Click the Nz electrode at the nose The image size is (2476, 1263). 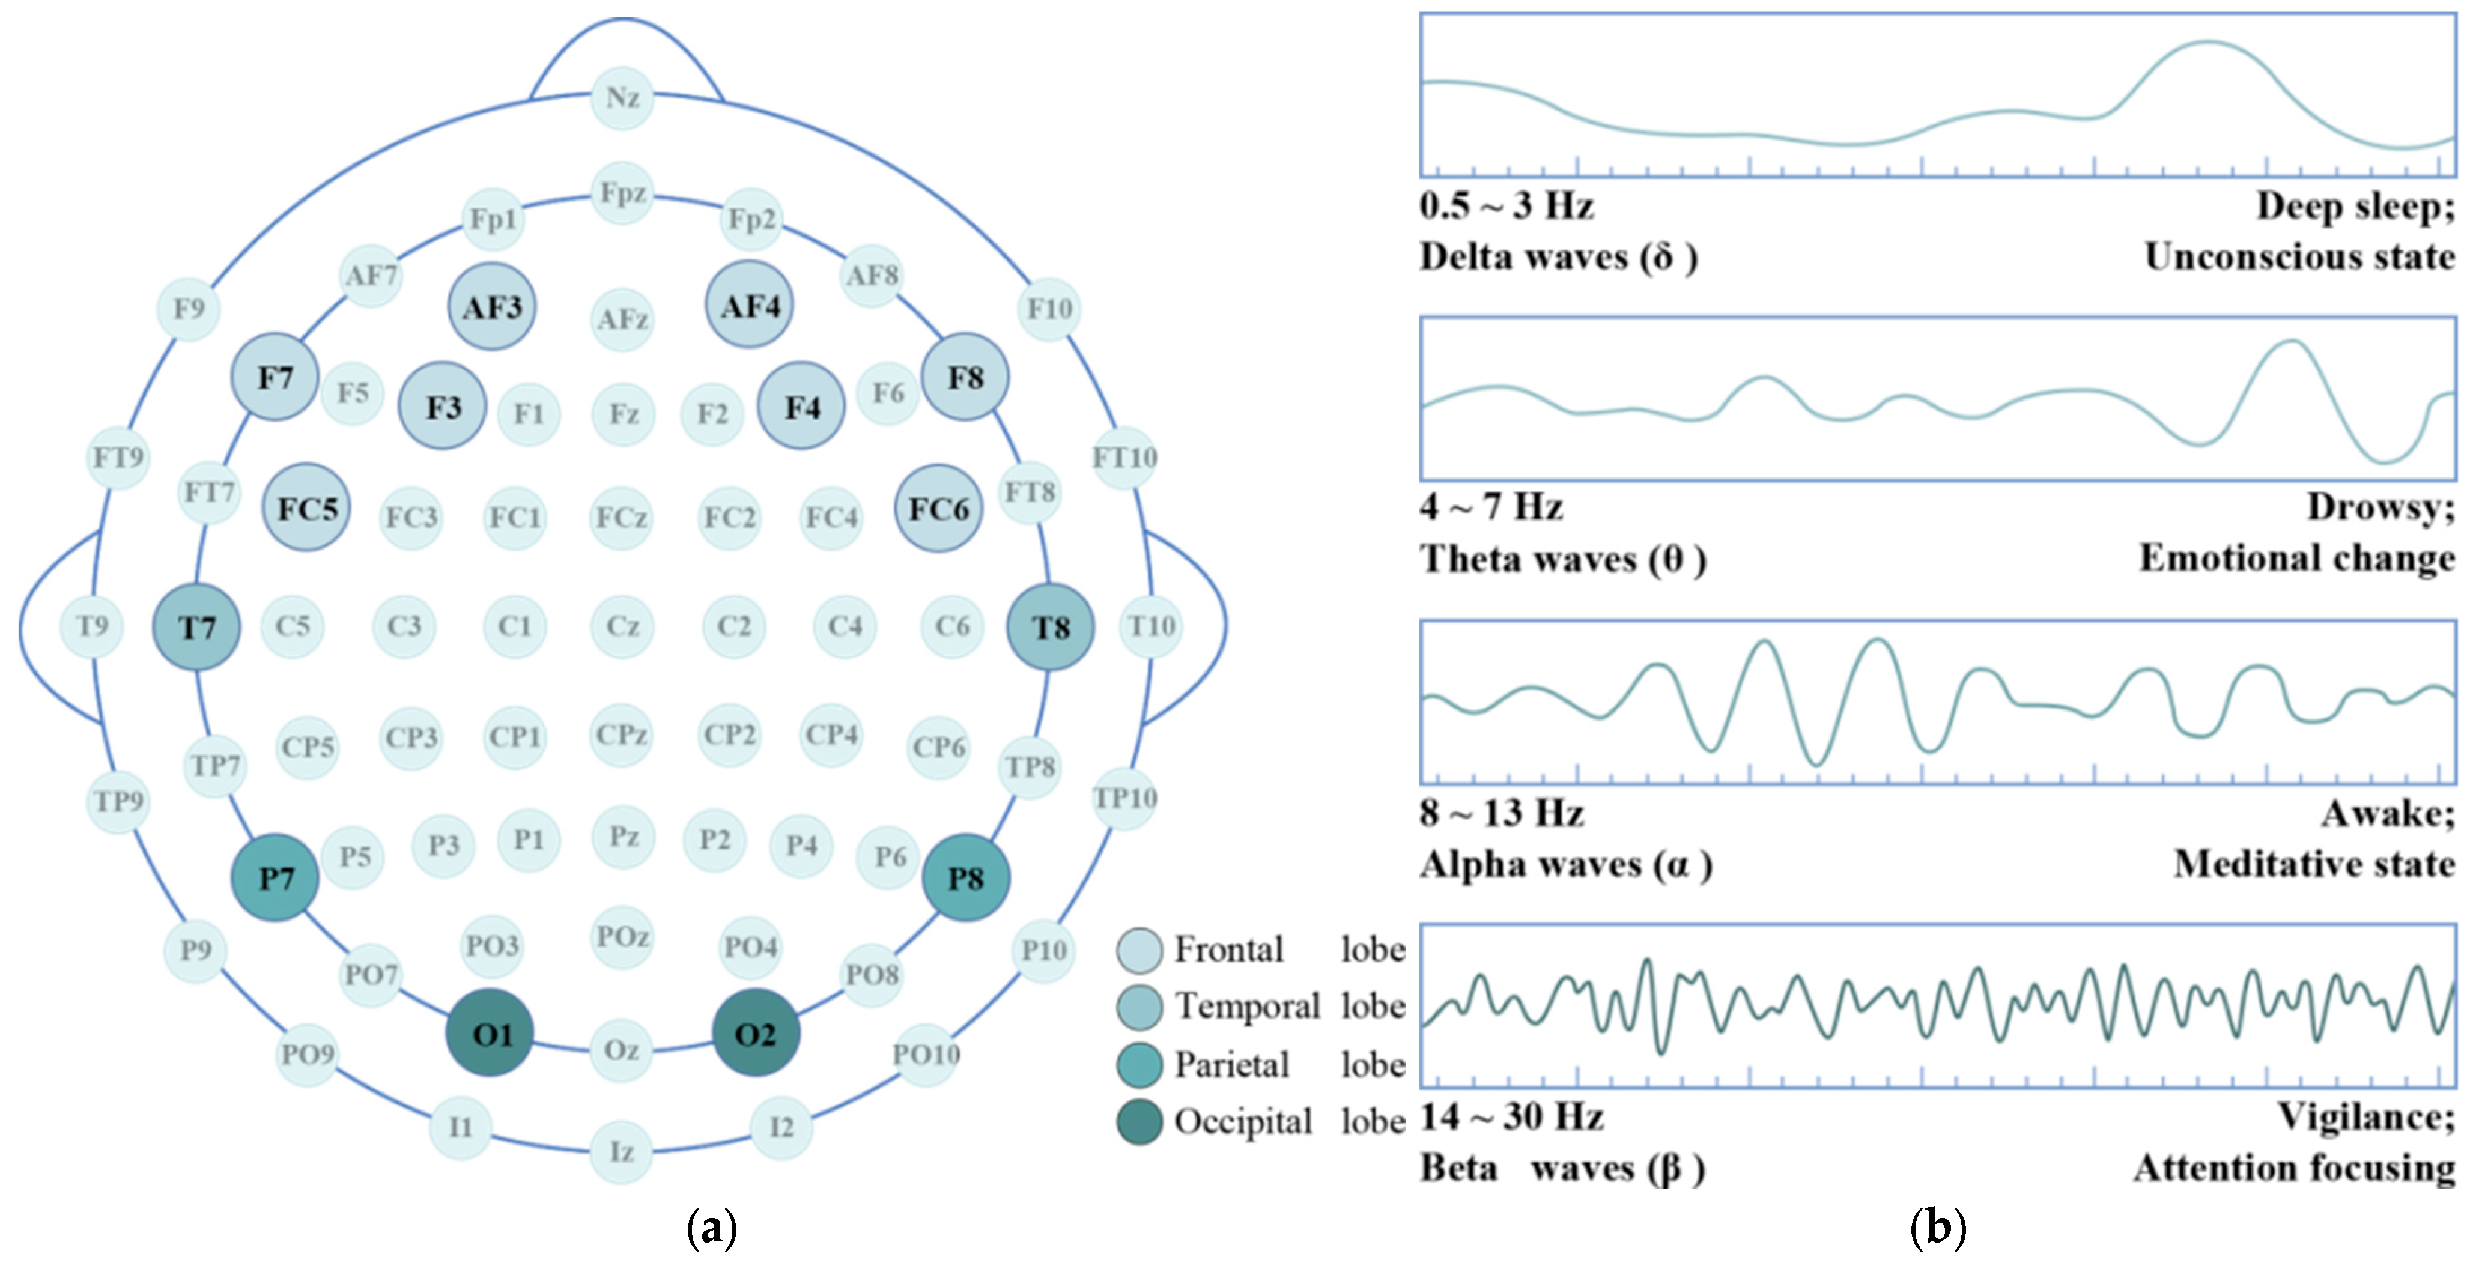(x=622, y=97)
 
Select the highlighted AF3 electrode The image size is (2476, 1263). (x=492, y=307)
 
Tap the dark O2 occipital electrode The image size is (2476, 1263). (x=756, y=1033)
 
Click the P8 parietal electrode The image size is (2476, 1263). (x=965, y=877)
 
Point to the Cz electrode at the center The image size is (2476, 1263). (x=622, y=626)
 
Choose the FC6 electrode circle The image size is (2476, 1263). (x=939, y=509)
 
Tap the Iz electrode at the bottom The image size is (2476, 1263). (x=622, y=1151)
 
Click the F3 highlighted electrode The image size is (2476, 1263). (x=443, y=407)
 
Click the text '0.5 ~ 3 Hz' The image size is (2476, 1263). (x=1506, y=205)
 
